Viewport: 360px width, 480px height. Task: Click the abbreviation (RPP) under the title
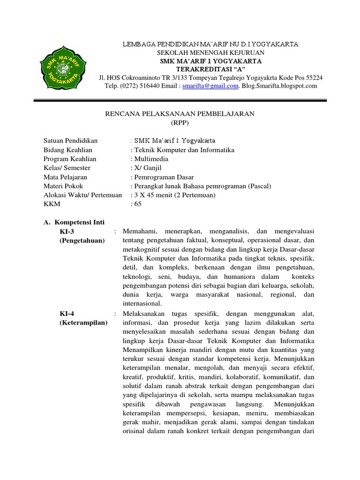tap(179, 122)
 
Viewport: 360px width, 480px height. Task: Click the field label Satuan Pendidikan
tap(70, 141)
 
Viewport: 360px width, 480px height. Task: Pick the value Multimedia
tap(150, 159)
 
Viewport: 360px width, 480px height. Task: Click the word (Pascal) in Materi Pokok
tap(259, 186)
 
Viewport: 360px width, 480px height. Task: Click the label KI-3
tap(67, 232)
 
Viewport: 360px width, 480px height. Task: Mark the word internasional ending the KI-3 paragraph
tap(142, 304)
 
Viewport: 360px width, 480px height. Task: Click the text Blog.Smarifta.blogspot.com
tap(279, 86)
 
